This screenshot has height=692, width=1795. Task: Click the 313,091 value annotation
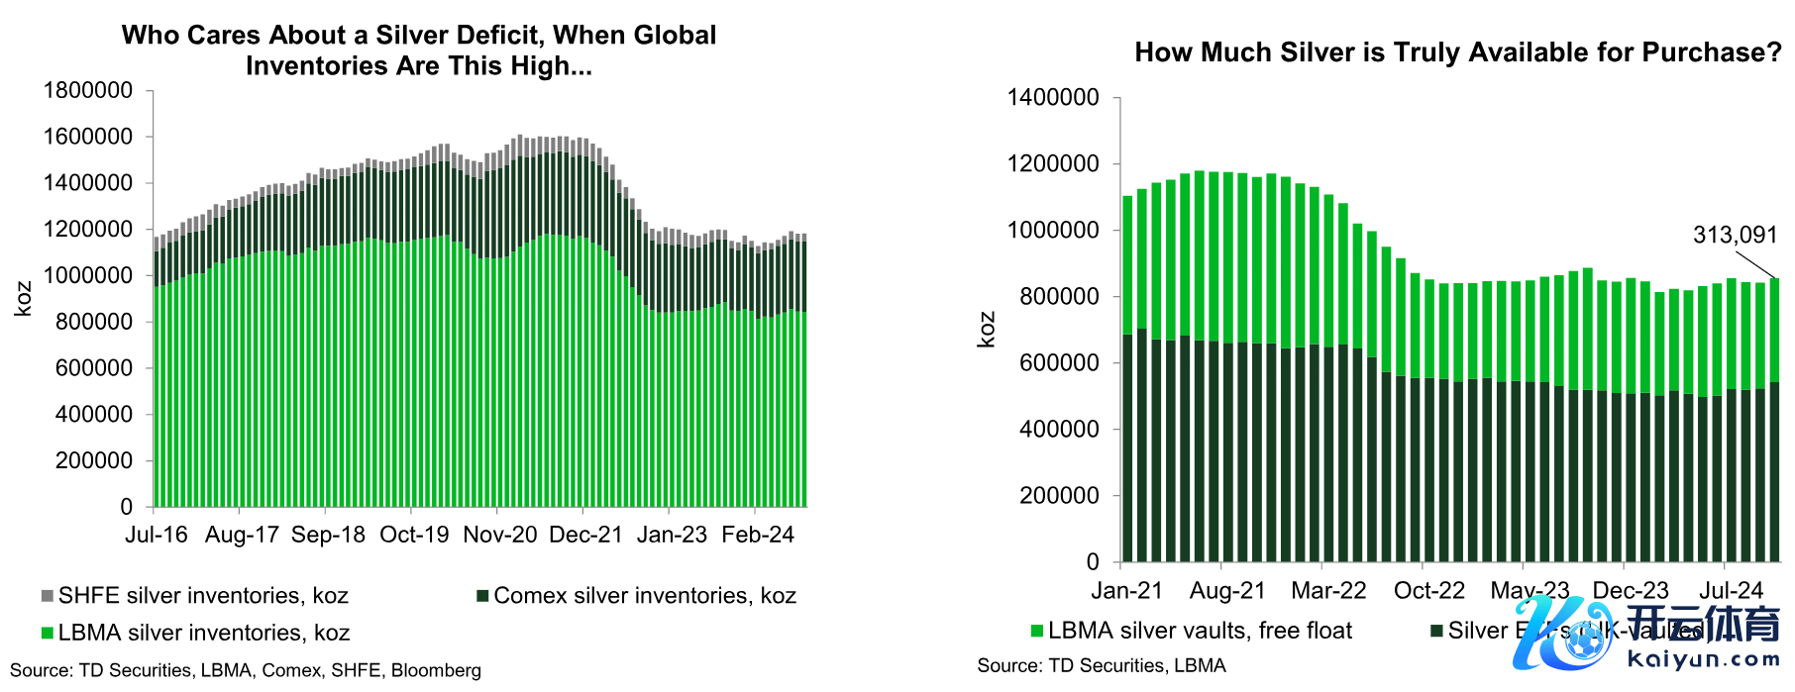[1735, 236]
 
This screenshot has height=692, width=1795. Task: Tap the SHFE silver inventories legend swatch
[47, 596]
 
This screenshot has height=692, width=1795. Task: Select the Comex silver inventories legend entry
[644, 596]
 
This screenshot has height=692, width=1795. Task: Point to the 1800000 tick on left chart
[88, 90]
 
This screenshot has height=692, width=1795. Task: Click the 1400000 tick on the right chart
[1053, 97]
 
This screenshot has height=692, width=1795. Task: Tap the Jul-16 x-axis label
[157, 535]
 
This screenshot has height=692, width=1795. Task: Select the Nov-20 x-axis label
[500, 535]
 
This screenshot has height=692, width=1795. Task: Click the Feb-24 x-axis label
[758, 535]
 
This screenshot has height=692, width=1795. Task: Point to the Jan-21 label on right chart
[1126, 591]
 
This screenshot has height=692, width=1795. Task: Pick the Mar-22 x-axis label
[1328, 591]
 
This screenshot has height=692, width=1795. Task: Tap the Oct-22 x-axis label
[1428, 591]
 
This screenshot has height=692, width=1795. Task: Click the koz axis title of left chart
[23, 299]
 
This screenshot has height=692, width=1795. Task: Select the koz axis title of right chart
[986, 330]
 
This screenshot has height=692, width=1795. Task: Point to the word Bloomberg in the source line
[436, 670]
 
